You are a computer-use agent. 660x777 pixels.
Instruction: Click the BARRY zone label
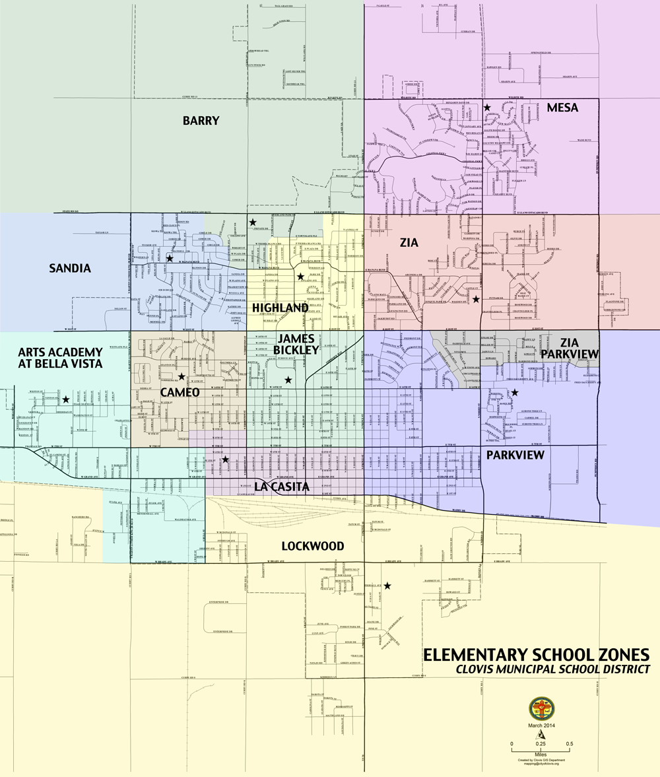pyautogui.click(x=201, y=120)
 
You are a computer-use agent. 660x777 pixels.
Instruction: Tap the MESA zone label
pyautogui.click(x=562, y=108)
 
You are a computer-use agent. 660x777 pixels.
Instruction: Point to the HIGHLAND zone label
pyautogui.click(x=280, y=308)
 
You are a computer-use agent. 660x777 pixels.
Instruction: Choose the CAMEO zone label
pyautogui.click(x=180, y=392)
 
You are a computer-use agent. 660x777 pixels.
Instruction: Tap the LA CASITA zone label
pyautogui.click(x=282, y=487)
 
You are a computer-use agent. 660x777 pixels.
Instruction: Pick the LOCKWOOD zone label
pyautogui.click(x=312, y=546)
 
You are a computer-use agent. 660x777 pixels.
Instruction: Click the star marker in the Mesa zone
pyautogui.click(x=487, y=107)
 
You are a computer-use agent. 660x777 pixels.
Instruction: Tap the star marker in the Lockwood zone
pyautogui.click(x=387, y=585)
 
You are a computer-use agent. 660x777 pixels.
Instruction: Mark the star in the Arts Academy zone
pyautogui.click(x=66, y=399)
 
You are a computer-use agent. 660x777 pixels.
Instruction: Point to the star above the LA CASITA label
pyautogui.click(x=225, y=459)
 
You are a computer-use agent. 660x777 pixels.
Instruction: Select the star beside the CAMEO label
pyautogui.click(x=181, y=376)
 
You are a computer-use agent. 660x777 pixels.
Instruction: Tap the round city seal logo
pyautogui.click(x=542, y=709)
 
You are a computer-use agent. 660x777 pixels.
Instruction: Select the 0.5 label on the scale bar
pyautogui.click(x=569, y=744)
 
